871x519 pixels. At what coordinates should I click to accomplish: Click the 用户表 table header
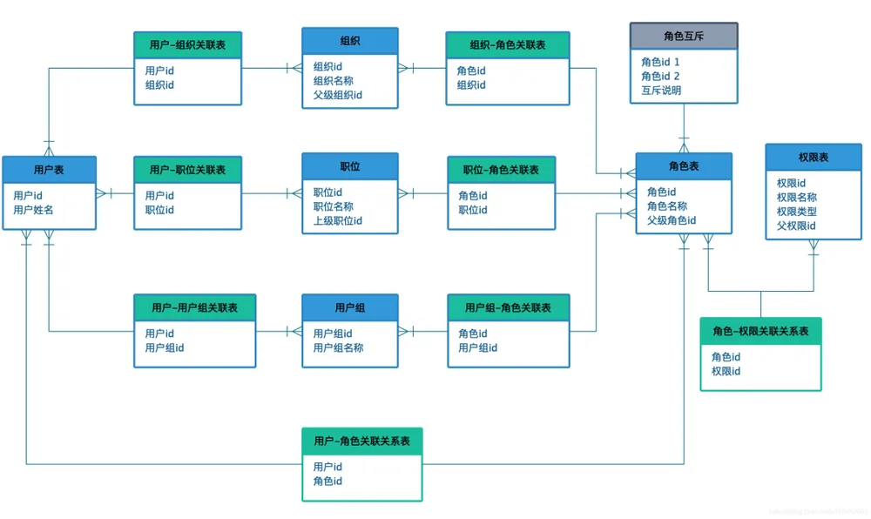pyautogui.click(x=49, y=170)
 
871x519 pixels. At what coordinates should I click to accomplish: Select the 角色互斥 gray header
pyautogui.click(x=683, y=36)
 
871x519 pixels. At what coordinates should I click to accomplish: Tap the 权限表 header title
pyautogui.click(x=814, y=158)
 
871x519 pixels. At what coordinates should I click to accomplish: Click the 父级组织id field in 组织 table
pyautogui.click(x=338, y=95)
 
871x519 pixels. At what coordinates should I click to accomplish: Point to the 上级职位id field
pyautogui.click(x=338, y=220)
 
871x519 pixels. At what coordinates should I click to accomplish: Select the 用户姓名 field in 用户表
pyautogui.click(x=33, y=210)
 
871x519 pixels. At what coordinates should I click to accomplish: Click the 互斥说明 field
pyautogui.click(x=661, y=90)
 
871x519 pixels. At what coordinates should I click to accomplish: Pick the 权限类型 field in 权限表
pyautogui.click(x=797, y=212)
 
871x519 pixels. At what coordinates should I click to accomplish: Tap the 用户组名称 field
pyautogui.click(x=338, y=347)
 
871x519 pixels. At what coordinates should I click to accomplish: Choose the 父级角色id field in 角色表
pyautogui.click(x=671, y=220)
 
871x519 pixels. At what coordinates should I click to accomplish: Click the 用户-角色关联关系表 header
pyautogui.click(x=361, y=441)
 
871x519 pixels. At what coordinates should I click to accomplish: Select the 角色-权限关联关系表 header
pyautogui.click(x=760, y=332)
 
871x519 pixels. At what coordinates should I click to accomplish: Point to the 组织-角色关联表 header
pyautogui.click(x=508, y=45)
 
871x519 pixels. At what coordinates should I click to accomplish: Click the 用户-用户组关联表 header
pyautogui.click(x=194, y=307)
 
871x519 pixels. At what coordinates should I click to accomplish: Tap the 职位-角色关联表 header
pyautogui.click(x=501, y=170)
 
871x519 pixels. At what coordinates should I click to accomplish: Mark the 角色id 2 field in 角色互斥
pyautogui.click(x=660, y=76)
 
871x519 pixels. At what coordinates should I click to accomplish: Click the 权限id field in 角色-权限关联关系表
pyautogui.click(x=726, y=371)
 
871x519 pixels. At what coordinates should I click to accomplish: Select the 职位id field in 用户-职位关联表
pyautogui.click(x=159, y=210)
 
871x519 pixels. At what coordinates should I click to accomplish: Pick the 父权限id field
pyautogui.click(x=796, y=226)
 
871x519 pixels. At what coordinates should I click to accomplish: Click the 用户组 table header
pyautogui.click(x=350, y=307)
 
